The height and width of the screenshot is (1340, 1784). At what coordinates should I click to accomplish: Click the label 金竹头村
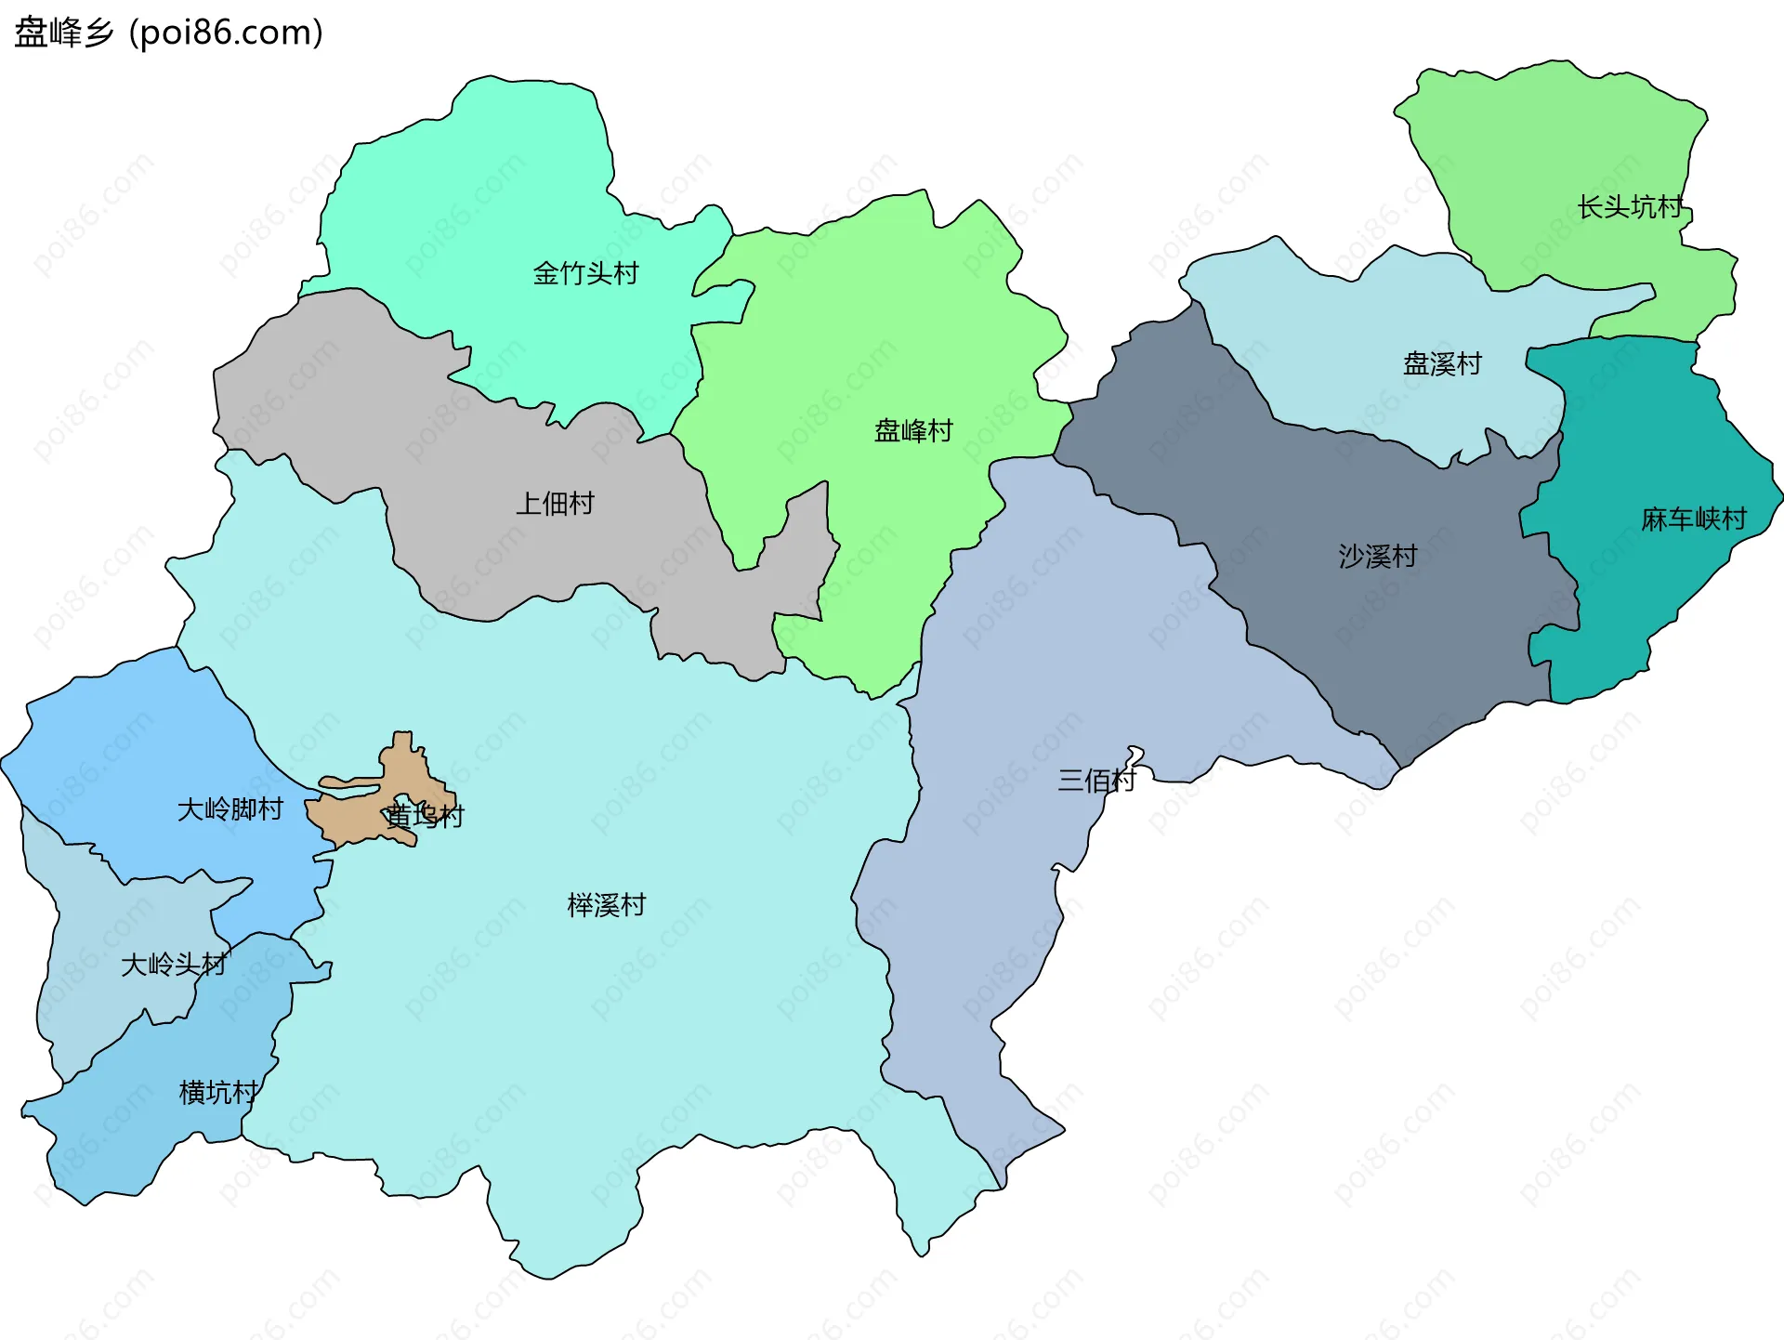[x=585, y=273]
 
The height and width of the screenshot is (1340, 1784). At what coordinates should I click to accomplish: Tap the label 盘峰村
[x=913, y=430]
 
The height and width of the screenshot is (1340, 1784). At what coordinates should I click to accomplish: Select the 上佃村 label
[x=555, y=504]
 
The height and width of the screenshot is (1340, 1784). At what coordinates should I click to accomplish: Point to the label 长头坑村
[x=1630, y=206]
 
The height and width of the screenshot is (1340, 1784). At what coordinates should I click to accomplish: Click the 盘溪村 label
[x=1442, y=363]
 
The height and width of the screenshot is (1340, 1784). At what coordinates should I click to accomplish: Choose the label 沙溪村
[x=1377, y=556]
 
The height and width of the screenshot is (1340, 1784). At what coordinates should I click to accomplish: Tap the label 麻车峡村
[x=1693, y=519]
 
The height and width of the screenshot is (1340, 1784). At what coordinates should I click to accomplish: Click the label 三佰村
[x=1096, y=780]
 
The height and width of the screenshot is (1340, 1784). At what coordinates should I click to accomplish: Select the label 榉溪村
[x=606, y=905]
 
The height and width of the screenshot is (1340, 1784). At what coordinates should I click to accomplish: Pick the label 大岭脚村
[x=230, y=809]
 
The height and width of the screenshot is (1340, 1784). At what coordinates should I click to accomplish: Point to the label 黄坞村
[x=425, y=816]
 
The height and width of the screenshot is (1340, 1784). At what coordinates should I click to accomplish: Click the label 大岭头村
[x=174, y=965]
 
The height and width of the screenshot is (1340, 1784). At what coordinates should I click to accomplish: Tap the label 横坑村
[x=218, y=1092]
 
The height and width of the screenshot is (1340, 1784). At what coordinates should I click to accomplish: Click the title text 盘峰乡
[x=63, y=33]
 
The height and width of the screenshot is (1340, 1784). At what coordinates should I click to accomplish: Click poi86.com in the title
[x=226, y=33]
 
